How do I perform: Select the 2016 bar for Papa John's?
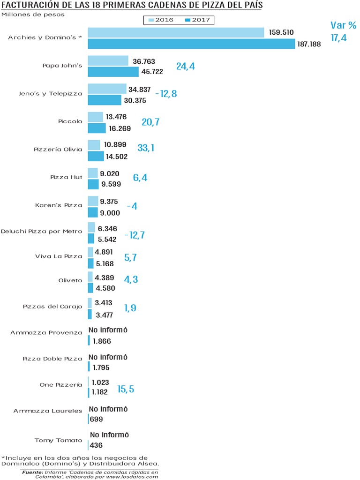point(108,61)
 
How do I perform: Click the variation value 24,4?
point(186,66)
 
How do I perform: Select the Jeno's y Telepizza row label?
point(55,94)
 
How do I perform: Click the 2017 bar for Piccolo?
point(97,128)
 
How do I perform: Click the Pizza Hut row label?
point(66,178)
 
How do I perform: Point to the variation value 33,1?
point(146,148)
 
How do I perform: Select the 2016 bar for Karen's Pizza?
point(93,201)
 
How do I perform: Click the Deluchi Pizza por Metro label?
point(42,231)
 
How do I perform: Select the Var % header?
point(344,25)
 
